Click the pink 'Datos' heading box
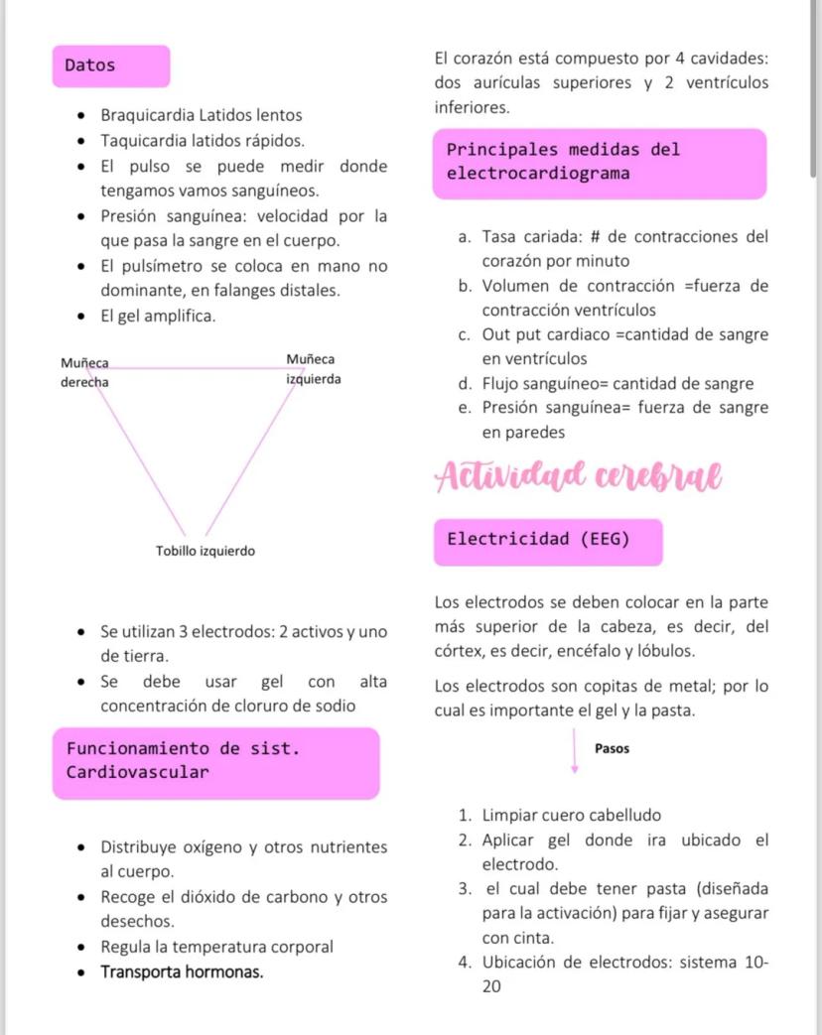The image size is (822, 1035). point(110,65)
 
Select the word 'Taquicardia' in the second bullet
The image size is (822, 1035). point(139,140)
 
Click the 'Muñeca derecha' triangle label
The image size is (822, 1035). point(84,372)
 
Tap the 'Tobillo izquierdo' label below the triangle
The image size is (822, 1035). point(205,550)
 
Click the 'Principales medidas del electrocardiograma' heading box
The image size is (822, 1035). point(601,162)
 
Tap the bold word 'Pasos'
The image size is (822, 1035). point(612,748)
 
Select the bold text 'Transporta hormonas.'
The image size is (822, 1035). point(183,971)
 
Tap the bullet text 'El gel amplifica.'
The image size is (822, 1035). point(158,317)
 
